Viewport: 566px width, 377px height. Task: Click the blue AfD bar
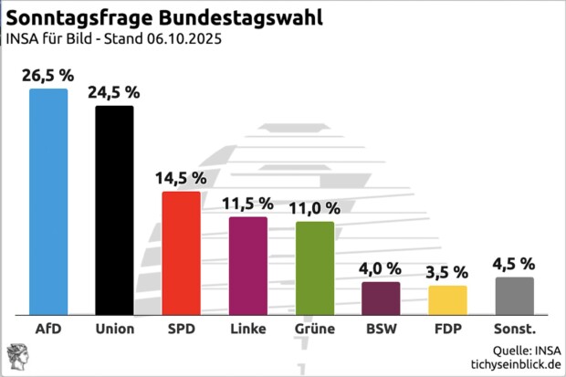coord(48,201)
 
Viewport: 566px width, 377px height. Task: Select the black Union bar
coord(114,209)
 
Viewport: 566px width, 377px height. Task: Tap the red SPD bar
coord(181,252)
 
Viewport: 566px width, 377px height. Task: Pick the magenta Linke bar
coord(247,265)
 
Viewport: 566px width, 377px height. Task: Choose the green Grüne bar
coord(315,267)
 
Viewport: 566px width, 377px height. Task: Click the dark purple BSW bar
coord(381,298)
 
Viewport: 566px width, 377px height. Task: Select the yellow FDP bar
coord(447,299)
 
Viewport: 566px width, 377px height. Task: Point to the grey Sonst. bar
coord(514,295)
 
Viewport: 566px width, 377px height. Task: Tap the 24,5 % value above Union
coord(114,92)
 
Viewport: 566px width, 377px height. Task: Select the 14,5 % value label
coord(181,178)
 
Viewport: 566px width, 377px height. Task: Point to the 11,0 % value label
coord(315,208)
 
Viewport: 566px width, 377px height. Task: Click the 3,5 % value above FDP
coord(447,272)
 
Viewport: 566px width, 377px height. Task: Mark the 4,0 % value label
coord(381,268)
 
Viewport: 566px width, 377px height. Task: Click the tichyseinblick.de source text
coord(515,363)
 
